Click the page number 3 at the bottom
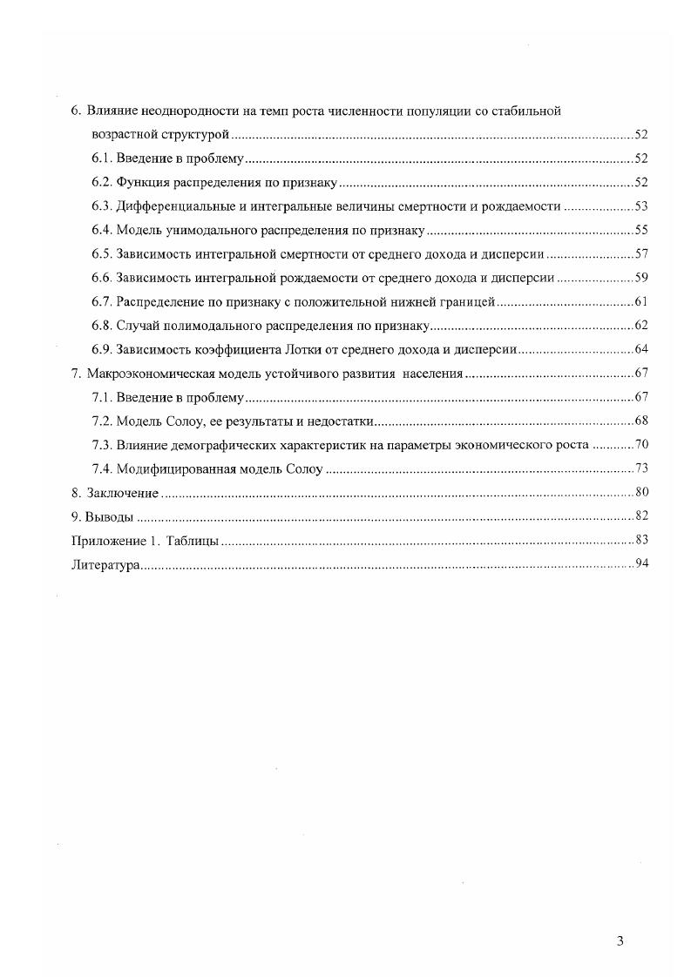620,940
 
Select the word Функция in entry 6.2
140,183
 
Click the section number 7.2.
102,421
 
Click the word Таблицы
193,541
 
